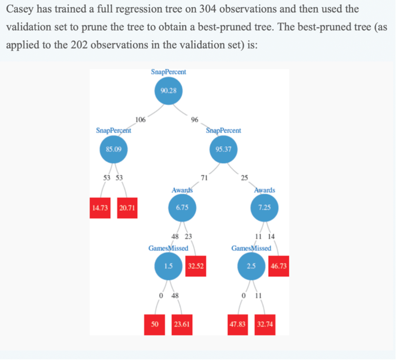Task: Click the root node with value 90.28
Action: point(169,91)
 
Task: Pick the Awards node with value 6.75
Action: point(182,207)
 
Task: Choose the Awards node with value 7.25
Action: point(265,207)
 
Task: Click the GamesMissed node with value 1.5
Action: point(169,266)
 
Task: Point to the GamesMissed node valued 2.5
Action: point(251,266)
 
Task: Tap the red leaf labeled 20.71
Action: point(127,208)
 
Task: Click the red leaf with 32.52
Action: point(196,266)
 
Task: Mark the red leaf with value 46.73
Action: point(279,266)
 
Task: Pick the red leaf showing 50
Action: point(154,323)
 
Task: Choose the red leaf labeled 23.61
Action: point(182,323)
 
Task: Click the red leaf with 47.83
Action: point(238,323)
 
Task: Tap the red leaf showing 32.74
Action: point(265,323)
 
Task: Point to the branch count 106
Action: point(141,120)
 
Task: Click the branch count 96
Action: point(195,120)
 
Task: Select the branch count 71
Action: point(204,177)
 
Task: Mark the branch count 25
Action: point(244,177)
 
